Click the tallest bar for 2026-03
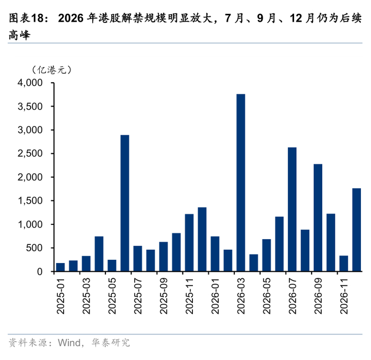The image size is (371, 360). click(241, 182)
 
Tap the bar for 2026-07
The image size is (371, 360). click(292, 209)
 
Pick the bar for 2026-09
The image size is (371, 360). click(318, 217)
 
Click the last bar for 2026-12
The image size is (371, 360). click(357, 230)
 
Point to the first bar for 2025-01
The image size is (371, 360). click(60, 267)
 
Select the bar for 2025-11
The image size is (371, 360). click(189, 243)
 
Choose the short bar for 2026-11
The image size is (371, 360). click(344, 264)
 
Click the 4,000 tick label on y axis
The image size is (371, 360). click(30, 83)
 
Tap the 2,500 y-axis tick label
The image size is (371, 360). click(30, 153)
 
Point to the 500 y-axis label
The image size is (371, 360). click(34, 248)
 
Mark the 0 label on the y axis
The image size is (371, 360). click(40, 271)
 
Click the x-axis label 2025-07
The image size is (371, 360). click(138, 296)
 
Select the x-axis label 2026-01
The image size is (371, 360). click(215, 296)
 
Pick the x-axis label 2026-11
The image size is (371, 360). click(344, 296)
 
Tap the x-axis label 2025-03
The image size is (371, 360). click(86, 296)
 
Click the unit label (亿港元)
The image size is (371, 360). click(51, 70)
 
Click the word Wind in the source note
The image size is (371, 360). click(69, 343)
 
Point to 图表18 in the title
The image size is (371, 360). click(26, 18)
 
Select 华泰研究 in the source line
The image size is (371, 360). click(111, 343)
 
